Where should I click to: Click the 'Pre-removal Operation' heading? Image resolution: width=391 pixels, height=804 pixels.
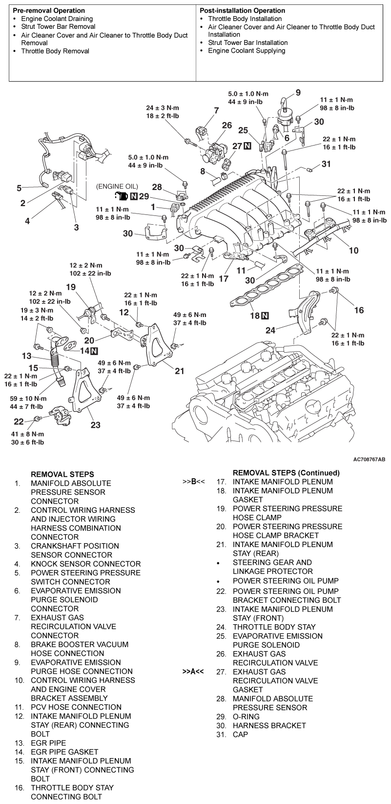48,10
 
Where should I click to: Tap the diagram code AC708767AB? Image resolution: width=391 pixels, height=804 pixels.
370,460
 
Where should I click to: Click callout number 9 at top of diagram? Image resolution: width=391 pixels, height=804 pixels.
298,92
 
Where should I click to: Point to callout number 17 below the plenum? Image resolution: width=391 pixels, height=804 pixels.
224,279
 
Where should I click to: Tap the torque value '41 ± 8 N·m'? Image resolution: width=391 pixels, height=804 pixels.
28,434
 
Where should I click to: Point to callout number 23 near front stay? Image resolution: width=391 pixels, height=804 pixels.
95,425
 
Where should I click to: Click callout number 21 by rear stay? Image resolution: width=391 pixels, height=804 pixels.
180,371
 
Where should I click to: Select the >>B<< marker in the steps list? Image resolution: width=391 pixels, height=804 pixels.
194,482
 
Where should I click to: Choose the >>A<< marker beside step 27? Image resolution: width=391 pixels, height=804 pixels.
194,672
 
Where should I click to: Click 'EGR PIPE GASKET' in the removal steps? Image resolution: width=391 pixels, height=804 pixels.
64,752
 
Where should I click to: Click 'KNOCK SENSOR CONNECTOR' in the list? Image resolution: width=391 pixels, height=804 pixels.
85,564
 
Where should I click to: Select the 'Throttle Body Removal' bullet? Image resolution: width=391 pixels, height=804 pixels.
55,51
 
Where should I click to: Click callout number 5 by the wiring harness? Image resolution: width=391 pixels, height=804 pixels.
19,188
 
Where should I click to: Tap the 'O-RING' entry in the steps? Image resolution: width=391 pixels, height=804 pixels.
246,717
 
